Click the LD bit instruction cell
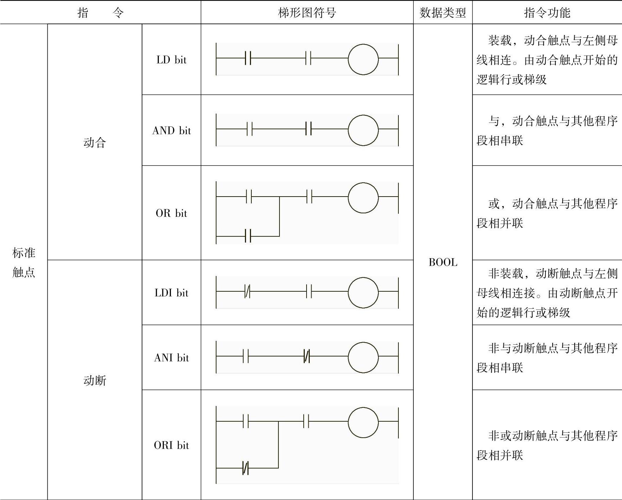[x=171, y=59]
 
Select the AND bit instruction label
[x=171, y=130]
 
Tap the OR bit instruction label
[x=171, y=213]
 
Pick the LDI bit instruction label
[x=171, y=293]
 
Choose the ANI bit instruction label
[x=171, y=358]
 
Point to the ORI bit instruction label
[x=171, y=445]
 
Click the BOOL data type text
[x=443, y=262]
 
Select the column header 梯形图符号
[x=307, y=13]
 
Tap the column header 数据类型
[x=443, y=13]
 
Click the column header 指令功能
[x=547, y=13]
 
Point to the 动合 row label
[x=95, y=142]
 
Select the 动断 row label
[x=95, y=380]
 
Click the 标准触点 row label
[x=23, y=262]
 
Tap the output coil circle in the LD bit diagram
[x=363, y=59]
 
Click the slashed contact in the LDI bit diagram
[x=248, y=292]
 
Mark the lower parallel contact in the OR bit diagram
[x=248, y=236]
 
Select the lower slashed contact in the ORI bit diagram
[x=246, y=468]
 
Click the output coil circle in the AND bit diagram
[x=363, y=130]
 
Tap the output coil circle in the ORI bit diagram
[x=363, y=422]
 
